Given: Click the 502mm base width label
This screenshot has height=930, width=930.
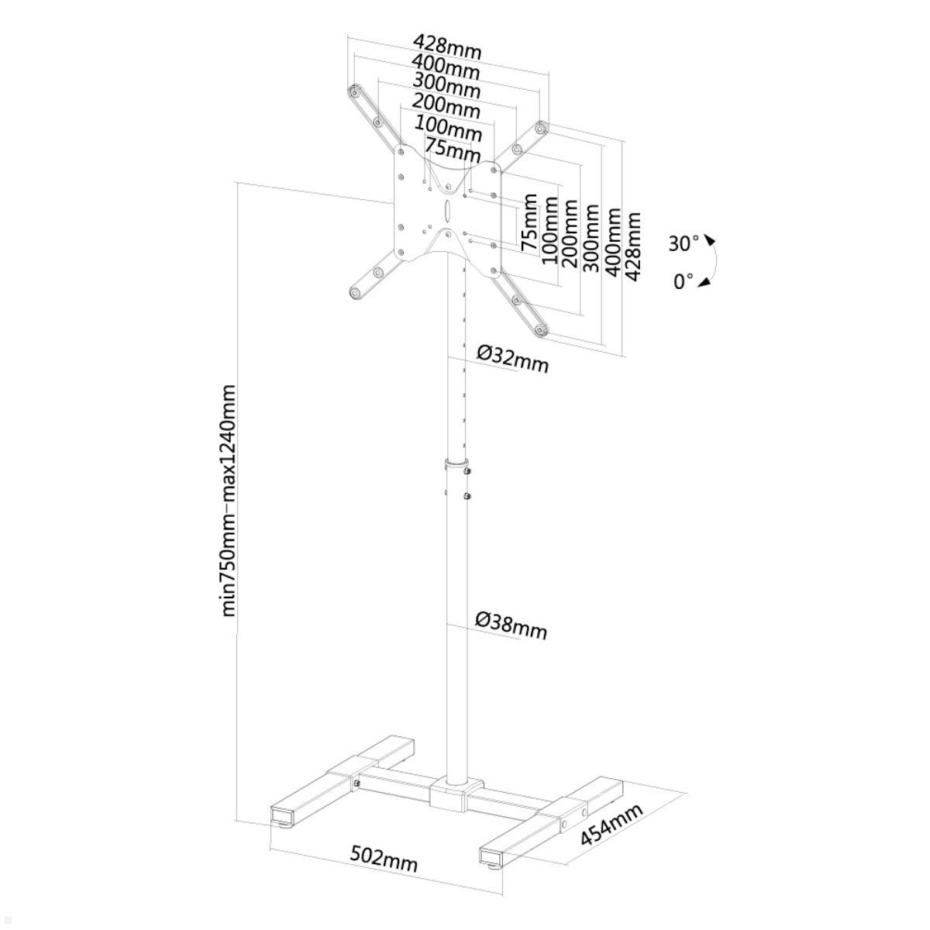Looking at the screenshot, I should click(383, 859).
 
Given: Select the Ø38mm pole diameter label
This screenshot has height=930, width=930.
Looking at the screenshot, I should click(511, 626).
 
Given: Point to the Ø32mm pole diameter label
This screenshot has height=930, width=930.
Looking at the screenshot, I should click(511, 359).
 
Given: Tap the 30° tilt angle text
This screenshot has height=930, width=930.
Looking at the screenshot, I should click(684, 243).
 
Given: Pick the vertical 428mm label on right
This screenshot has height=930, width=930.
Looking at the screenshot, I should click(632, 246).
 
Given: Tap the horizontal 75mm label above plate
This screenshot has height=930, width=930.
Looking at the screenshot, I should click(453, 150).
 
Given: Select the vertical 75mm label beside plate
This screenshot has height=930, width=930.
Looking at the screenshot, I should click(529, 222).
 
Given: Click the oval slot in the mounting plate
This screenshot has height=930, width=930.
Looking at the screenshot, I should click(448, 210).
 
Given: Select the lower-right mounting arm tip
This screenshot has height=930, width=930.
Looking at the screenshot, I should click(541, 331).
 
